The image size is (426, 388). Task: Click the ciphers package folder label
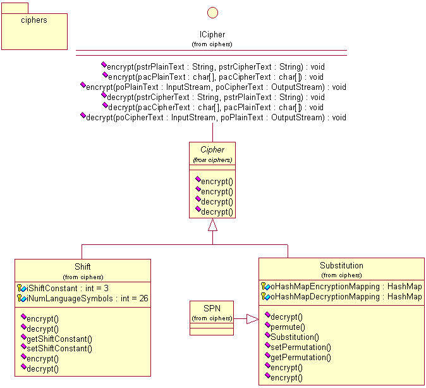34,20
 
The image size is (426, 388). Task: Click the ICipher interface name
212,35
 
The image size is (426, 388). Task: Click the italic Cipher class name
212,150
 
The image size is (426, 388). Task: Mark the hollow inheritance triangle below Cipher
212,224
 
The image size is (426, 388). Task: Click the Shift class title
83,266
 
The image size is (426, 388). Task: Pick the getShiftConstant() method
59,339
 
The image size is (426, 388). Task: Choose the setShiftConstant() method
59,348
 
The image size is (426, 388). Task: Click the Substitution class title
341,265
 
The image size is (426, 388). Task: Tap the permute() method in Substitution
288,327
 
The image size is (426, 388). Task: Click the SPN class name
212,308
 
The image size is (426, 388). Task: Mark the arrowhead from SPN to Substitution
252,319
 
